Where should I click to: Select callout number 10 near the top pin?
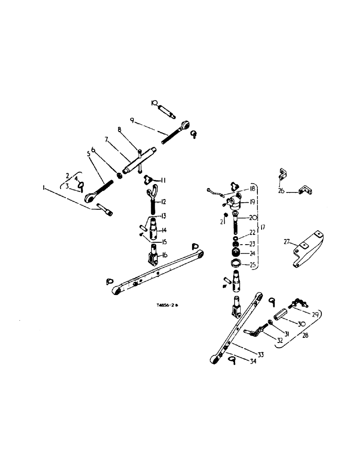[154, 103]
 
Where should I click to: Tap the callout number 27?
[287, 241]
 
